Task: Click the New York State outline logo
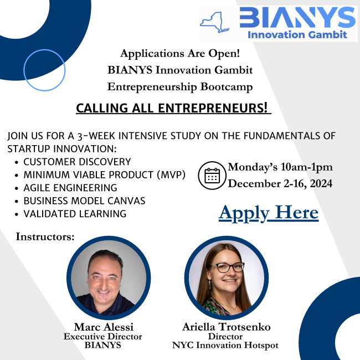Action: pos(214,23)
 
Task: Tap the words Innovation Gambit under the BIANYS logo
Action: pos(297,35)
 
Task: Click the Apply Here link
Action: pos(269,213)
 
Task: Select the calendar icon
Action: pos(212,176)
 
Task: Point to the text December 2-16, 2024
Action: pos(280,184)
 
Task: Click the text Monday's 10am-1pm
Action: pos(280,167)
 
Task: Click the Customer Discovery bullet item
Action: pos(77,162)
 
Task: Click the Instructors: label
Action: pos(45,236)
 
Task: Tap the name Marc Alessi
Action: pos(104,327)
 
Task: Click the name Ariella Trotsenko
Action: pos(227,327)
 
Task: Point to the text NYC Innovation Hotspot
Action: pos(225,345)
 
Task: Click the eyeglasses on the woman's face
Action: pos(225,268)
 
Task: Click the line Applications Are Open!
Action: pos(180,54)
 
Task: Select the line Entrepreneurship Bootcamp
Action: pos(180,87)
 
